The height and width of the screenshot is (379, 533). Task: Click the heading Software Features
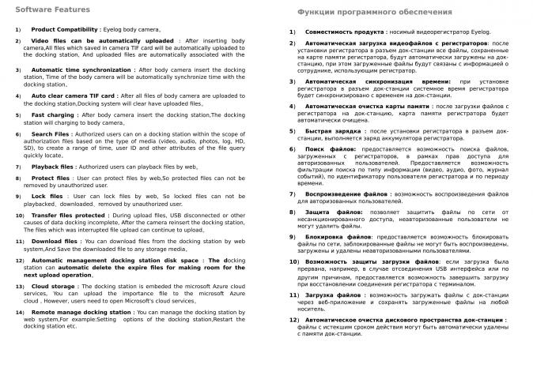click(x=52, y=9)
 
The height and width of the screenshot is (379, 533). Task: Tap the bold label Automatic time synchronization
click(x=81, y=69)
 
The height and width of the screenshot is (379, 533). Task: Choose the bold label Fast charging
click(x=53, y=114)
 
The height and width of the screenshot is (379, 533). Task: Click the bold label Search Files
click(x=51, y=134)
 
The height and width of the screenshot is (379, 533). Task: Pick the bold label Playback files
click(x=53, y=167)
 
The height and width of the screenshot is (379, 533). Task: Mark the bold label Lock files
click(x=47, y=196)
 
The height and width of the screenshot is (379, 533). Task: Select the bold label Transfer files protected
click(x=64, y=215)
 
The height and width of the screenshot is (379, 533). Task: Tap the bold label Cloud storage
click(x=53, y=286)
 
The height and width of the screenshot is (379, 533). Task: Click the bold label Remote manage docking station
click(x=81, y=312)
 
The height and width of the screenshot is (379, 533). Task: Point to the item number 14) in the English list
click(x=20, y=312)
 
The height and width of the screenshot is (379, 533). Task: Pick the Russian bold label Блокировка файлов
click(x=338, y=236)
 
